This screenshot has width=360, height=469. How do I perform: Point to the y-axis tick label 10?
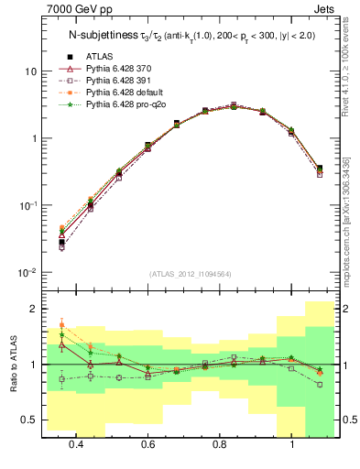[30, 71]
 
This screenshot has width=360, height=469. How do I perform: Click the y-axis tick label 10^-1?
[27, 205]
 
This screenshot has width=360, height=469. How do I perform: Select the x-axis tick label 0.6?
[147, 444]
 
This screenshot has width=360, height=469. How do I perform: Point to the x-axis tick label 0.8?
[220, 444]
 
